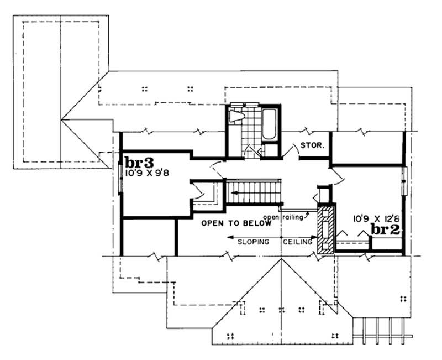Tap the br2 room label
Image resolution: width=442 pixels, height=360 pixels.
click(x=385, y=229)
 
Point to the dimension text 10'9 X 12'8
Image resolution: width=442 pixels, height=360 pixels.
click(x=375, y=219)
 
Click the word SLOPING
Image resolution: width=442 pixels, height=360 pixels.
click(x=254, y=242)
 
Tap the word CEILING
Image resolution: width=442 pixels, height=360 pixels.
click(x=298, y=242)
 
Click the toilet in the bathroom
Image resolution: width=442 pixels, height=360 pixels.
click(x=236, y=116)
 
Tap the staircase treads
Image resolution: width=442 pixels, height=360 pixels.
click(x=254, y=192)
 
